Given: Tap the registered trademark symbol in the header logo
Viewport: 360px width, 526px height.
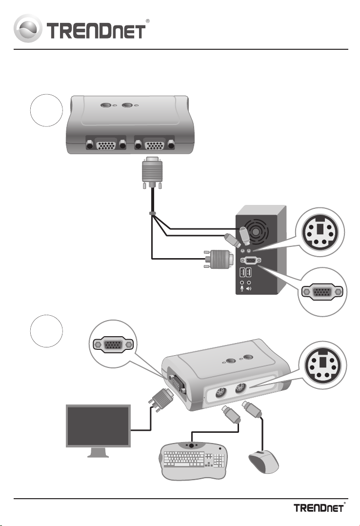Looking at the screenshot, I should click(x=147, y=21).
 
